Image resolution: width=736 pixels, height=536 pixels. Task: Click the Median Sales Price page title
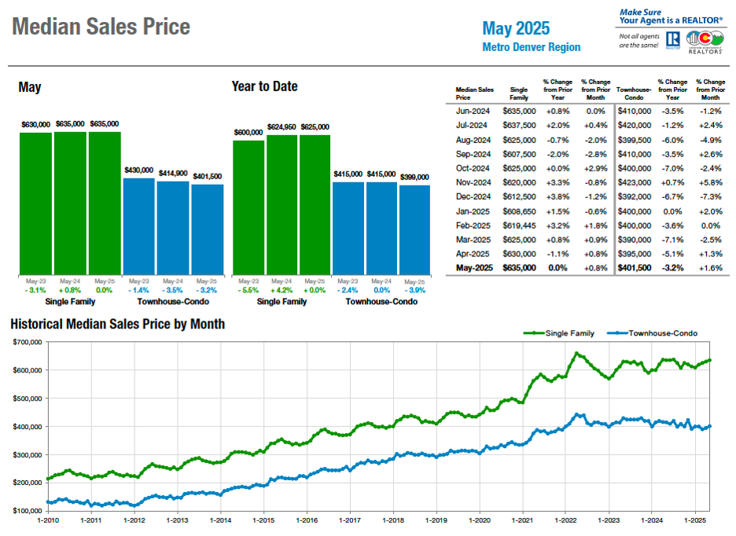coord(101,28)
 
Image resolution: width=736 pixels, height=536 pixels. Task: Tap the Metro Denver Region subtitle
coord(531,47)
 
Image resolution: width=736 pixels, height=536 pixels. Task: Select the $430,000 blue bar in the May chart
coord(139,226)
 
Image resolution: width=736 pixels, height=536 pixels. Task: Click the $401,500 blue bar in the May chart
coord(207,229)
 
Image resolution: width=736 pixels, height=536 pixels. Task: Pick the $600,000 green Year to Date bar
coord(248,207)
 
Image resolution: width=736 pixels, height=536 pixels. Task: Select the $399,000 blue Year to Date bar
coord(414,229)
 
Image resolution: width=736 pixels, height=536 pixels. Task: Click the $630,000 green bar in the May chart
coord(35,204)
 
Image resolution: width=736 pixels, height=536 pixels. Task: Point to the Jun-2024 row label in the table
coord(472,112)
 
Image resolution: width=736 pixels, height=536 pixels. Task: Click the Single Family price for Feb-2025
coord(519,225)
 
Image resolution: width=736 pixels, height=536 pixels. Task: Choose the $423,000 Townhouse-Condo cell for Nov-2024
coord(634,182)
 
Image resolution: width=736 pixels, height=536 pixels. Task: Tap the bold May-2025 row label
coord(472,268)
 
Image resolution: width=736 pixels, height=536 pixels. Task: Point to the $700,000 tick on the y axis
coord(29,343)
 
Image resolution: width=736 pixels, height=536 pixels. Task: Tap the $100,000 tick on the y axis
coord(29,511)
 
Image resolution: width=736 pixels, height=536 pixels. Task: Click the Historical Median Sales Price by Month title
coord(117,324)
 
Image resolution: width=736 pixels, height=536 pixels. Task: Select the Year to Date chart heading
coord(264,86)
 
